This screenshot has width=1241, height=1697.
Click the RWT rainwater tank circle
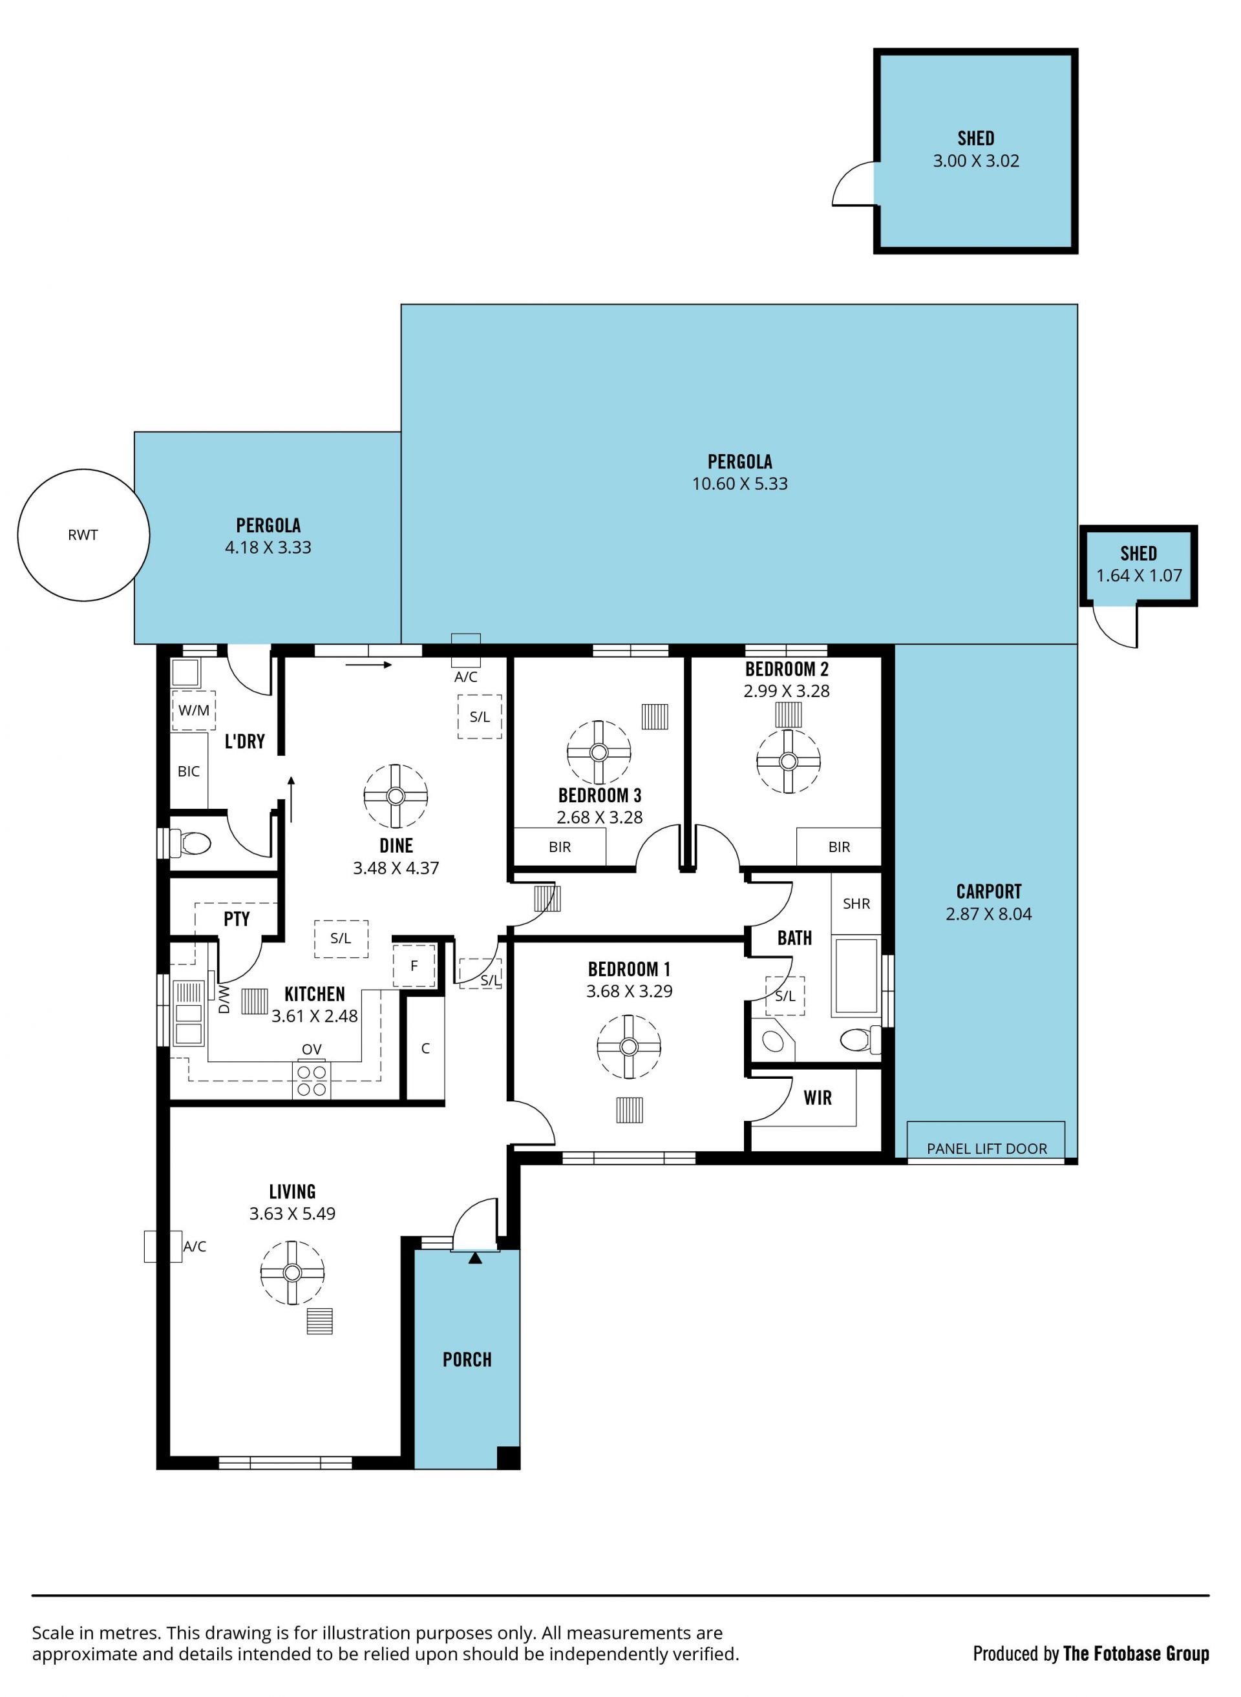click(x=83, y=535)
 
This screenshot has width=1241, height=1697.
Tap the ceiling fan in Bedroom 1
click(x=629, y=1046)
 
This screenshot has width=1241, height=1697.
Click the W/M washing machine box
click(x=194, y=711)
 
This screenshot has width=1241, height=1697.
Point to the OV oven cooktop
click(x=311, y=1081)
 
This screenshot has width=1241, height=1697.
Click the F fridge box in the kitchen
click(x=414, y=966)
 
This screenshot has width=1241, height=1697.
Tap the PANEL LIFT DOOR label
click(x=986, y=1148)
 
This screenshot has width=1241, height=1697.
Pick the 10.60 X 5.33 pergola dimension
click(x=739, y=484)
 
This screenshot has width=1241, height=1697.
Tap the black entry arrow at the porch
click(x=475, y=1258)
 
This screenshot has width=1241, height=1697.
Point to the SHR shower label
click(x=856, y=903)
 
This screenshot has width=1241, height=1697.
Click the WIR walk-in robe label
click(x=818, y=1098)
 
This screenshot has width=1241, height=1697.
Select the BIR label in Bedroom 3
click(x=560, y=847)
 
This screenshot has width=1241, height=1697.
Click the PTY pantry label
click(x=237, y=919)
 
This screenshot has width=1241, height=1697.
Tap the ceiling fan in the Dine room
click(x=396, y=796)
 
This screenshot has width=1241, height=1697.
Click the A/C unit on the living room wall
click(x=163, y=1245)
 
